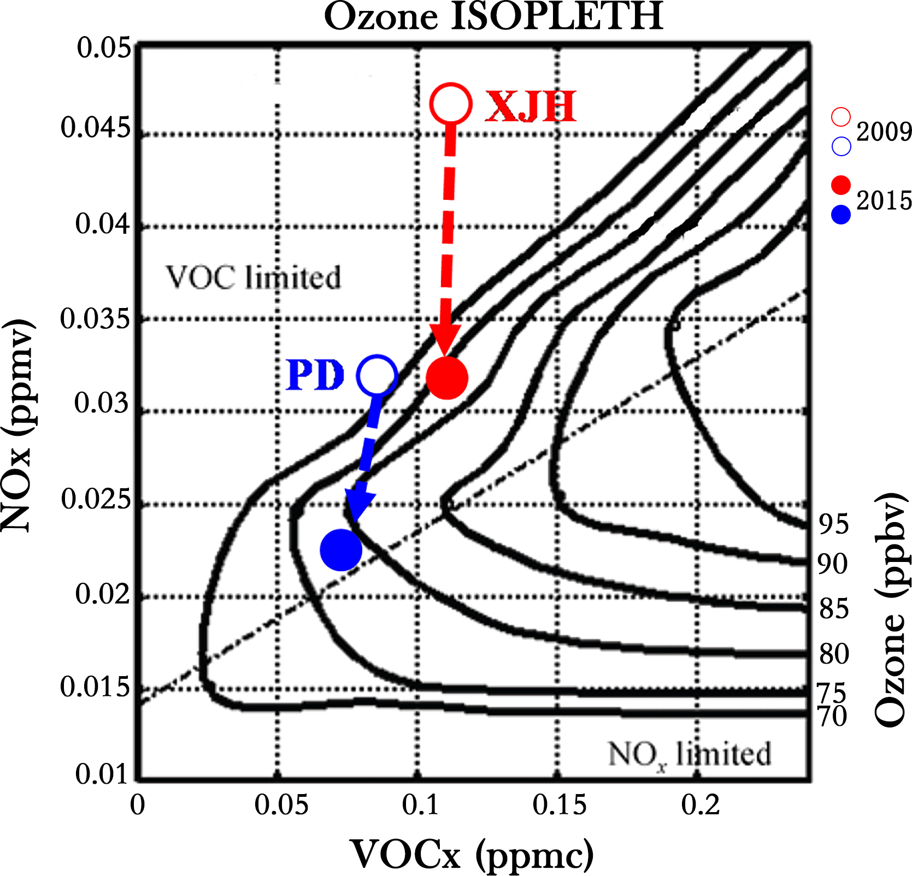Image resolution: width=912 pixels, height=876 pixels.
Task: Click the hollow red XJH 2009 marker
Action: tap(451, 104)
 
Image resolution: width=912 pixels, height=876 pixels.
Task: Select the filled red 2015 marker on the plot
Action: tap(447, 378)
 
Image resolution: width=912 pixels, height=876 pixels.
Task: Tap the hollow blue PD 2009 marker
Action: tap(376, 375)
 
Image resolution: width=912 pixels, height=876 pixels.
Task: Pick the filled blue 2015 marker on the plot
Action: tap(341, 550)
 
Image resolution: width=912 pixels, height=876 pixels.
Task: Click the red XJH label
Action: tap(531, 106)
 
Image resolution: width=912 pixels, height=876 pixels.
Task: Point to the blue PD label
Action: tap(315, 375)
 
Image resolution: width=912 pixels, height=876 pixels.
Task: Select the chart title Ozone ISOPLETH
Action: tap(493, 16)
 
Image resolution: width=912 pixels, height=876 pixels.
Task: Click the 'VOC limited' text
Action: tap(254, 277)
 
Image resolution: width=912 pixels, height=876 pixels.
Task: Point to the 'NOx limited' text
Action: tap(689, 755)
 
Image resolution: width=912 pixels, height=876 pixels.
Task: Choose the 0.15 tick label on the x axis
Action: tap(560, 804)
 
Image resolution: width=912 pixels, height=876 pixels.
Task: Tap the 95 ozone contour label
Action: tap(833, 524)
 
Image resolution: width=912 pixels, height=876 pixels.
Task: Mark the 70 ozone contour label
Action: tap(832, 716)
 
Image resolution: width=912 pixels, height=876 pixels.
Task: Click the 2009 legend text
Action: tap(884, 132)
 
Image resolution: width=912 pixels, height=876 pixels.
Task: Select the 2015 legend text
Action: tap(884, 200)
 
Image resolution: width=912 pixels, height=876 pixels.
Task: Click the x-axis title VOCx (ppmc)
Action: tap(472, 854)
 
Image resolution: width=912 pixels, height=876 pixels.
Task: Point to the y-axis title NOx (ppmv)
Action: tap(19, 426)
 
